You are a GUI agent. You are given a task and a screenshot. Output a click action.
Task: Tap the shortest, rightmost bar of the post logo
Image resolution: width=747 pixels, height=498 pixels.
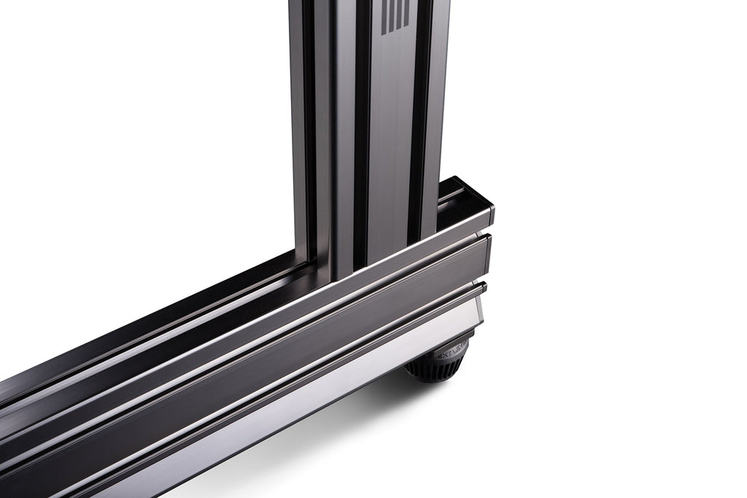[398, 12]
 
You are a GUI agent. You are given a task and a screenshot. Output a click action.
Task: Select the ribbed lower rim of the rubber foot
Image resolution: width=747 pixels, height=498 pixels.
[430, 372]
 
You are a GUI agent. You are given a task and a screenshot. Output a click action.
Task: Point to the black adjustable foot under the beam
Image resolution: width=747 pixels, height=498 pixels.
[438, 361]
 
